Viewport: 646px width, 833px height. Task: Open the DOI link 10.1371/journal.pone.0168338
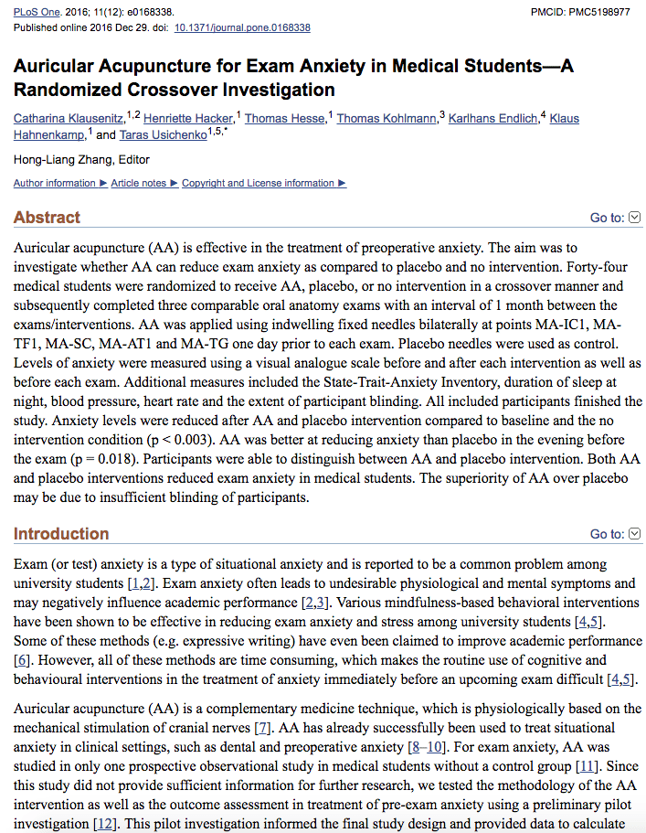coord(242,27)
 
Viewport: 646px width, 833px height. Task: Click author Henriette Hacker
coord(188,119)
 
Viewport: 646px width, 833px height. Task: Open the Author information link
coord(55,183)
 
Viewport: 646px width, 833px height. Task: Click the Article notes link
coord(139,183)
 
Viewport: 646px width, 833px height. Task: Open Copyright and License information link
coord(259,183)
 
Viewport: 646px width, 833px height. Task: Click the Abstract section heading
coord(47,218)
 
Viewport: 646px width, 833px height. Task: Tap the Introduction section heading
coord(61,534)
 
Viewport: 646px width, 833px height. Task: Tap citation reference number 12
coord(105,824)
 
